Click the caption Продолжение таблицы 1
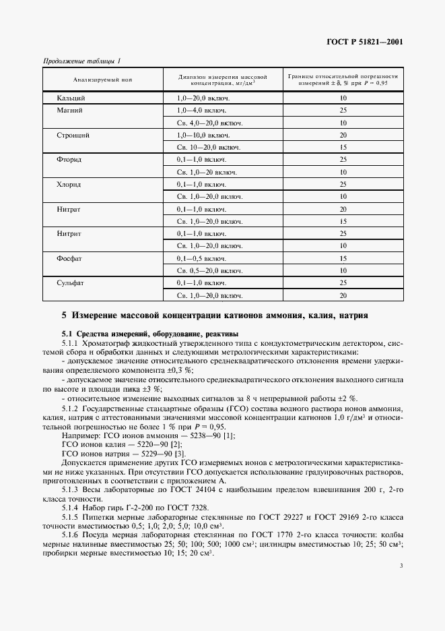pos(81,61)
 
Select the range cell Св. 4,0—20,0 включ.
pos(209,123)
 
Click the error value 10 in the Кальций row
pos(343,98)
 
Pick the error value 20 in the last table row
pos(343,295)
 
